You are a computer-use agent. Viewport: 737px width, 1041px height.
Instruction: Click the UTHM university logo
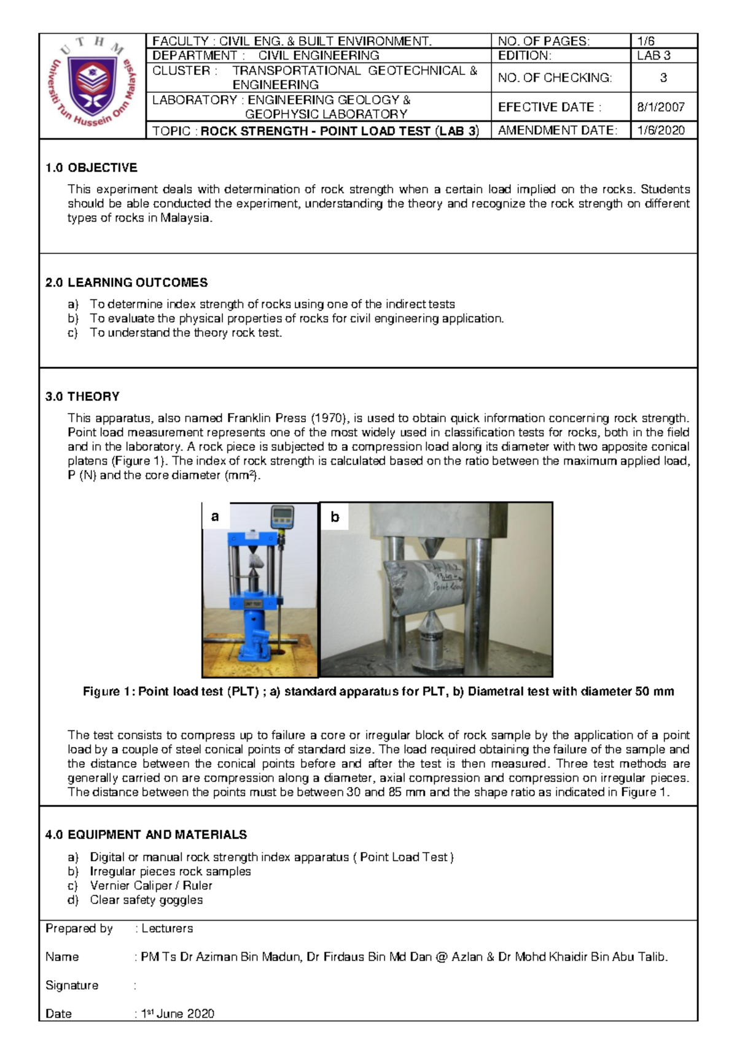pos(93,85)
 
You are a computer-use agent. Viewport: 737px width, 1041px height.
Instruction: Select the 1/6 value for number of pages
pos(646,41)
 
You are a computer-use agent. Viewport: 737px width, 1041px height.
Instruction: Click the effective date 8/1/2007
pos(661,107)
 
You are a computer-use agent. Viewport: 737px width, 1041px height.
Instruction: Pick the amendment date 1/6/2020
pos(661,130)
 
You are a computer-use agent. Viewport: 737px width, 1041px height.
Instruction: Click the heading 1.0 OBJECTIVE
pos(91,168)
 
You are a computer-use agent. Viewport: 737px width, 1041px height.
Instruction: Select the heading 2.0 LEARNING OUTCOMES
pos(127,282)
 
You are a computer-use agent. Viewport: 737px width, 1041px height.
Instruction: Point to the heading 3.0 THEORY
pos(82,397)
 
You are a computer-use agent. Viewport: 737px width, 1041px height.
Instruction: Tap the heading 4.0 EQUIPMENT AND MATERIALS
pos(146,835)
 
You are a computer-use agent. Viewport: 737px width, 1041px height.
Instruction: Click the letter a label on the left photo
pos(215,516)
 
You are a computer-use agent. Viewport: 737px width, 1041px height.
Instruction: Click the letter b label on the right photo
pos(335,517)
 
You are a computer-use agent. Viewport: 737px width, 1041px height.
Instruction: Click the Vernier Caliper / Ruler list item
pos(151,886)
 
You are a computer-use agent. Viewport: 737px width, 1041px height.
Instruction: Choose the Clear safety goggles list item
pos(146,900)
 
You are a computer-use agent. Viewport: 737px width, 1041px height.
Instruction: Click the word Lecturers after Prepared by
pos(167,928)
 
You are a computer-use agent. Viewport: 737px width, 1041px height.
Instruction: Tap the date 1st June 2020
pos(177,1013)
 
